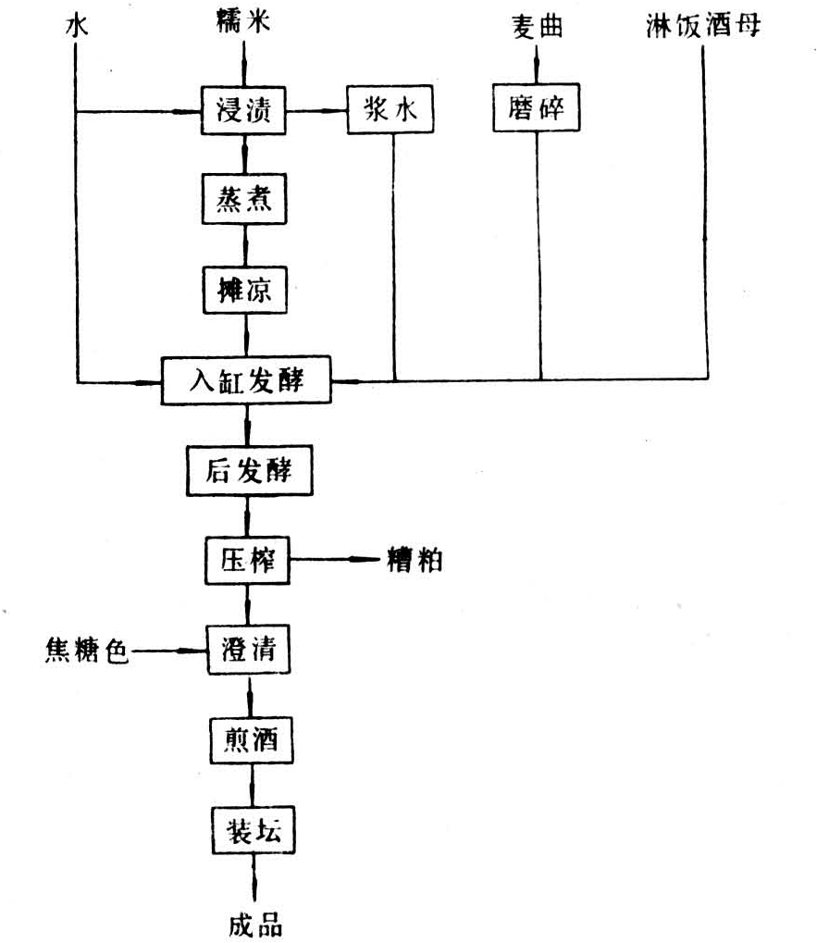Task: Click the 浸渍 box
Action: click(x=243, y=111)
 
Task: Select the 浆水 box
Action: click(x=390, y=109)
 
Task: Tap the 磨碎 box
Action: click(x=537, y=107)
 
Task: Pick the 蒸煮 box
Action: click(x=244, y=199)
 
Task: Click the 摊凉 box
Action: click(x=245, y=291)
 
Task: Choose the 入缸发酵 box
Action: click(x=246, y=380)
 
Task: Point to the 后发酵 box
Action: click(x=250, y=471)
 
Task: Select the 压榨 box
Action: click(x=248, y=561)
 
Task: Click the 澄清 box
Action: click(x=249, y=651)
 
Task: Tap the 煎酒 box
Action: click(x=252, y=740)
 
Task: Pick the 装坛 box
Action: click(x=254, y=830)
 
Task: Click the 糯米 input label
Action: click(x=243, y=21)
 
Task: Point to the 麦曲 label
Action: click(x=538, y=27)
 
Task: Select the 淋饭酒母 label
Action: click(x=703, y=26)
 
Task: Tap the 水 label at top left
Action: click(x=77, y=27)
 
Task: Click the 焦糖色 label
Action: click(x=87, y=651)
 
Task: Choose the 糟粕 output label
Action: click(x=415, y=561)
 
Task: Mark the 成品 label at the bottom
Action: click(x=255, y=925)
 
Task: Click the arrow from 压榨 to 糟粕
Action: click(x=335, y=560)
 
